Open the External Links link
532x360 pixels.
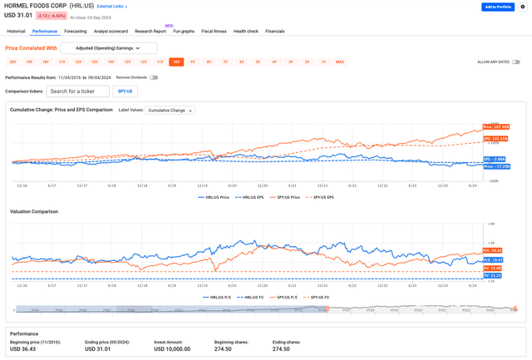(x=112, y=7)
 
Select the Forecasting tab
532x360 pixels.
(x=76, y=31)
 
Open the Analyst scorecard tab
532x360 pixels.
(x=111, y=31)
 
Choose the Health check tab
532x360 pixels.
(x=245, y=31)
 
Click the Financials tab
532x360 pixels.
(x=274, y=31)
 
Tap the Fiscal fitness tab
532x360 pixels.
(x=214, y=31)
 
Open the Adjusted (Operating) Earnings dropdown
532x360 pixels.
(x=109, y=48)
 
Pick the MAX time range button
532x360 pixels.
(x=339, y=62)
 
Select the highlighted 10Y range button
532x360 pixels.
(x=176, y=62)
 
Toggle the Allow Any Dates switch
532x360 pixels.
(x=516, y=62)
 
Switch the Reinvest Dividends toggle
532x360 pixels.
(x=154, y=77)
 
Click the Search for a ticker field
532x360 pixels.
(x=77, y=91)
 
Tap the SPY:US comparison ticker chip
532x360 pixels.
(x=124, y=91)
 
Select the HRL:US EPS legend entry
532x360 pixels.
(x=249, y=197)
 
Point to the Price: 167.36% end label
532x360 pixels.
(x=496, y=127)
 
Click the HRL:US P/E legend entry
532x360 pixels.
(x=218, y=297)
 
